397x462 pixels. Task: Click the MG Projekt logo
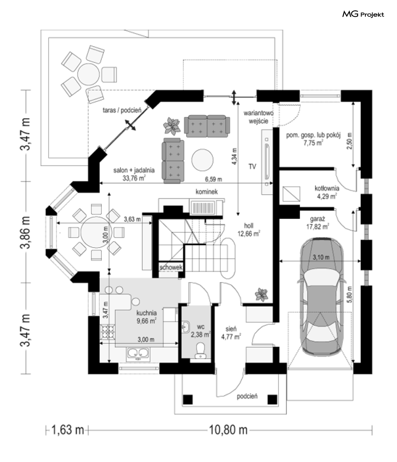[x=363, y=15]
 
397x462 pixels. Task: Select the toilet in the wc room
[x=200, y=350]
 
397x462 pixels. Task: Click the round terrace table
[x=89, y=73]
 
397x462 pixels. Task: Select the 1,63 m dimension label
[x=68, y=430]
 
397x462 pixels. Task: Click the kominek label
[x=206, y=192]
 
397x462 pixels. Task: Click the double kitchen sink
[x=138, y=353]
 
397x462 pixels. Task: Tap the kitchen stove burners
[x=107, y=331]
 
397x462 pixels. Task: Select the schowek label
[x=170, y=268]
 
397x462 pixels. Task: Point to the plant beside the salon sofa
[x=172, y=126]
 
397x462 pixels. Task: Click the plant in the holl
[x=262, y=294]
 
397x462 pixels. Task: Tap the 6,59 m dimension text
[x=213, y=178]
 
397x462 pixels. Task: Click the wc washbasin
[x=185, y=326]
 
